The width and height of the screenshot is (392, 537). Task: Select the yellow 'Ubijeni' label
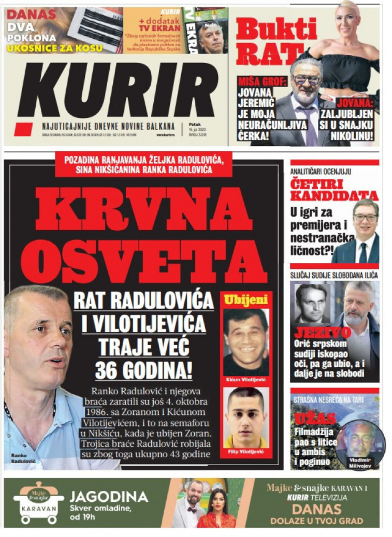[x=246, y=300]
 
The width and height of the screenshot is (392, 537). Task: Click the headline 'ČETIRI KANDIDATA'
[x=334, y=189]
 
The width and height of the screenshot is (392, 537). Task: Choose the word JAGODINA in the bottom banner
[x=109, y=497]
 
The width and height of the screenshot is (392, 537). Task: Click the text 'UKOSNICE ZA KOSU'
[x=54, y=48]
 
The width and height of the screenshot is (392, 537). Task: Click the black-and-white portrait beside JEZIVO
[x=311, y=303]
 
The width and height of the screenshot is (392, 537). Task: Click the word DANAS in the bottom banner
[x=316, y=510]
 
